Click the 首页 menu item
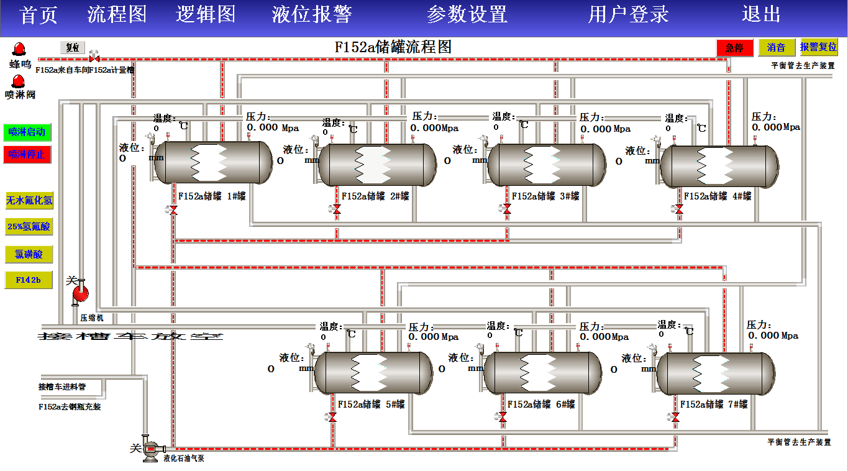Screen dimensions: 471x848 coord(39,14)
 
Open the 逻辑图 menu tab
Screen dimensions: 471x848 coord(206,14)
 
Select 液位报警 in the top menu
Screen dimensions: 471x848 coord(312,14)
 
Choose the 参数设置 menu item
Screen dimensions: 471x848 coord(467,14)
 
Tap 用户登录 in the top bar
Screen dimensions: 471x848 coord(629,14)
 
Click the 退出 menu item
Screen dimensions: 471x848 coord(761,14)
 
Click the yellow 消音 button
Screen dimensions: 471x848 coord(777,47)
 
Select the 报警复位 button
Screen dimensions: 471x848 coord(819,47)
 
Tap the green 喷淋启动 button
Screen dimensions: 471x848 coord(27,132)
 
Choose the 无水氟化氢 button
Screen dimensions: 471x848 coord(29,200)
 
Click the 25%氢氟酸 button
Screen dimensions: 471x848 coord(29,227)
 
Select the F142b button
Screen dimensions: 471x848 coord(29,280)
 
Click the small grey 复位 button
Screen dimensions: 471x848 coord(73,47)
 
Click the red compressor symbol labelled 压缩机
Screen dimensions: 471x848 coord(80,292)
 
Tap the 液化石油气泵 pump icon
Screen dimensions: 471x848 coord(151,449)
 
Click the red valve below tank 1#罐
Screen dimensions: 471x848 coord(173,211)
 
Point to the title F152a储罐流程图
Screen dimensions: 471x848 coord(393,47)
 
